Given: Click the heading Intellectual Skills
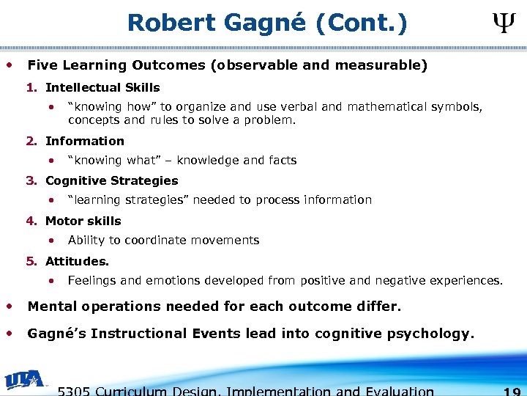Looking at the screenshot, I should point(102,88).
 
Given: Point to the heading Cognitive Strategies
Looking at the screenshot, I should point(111,180).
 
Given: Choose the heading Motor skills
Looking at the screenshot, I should point(83,221).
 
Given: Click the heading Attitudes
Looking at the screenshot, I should point(77,261).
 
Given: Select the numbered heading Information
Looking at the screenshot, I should point(85,141).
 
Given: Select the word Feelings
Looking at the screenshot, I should point(92,280).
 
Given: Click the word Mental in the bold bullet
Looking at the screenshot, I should point(51,306).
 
